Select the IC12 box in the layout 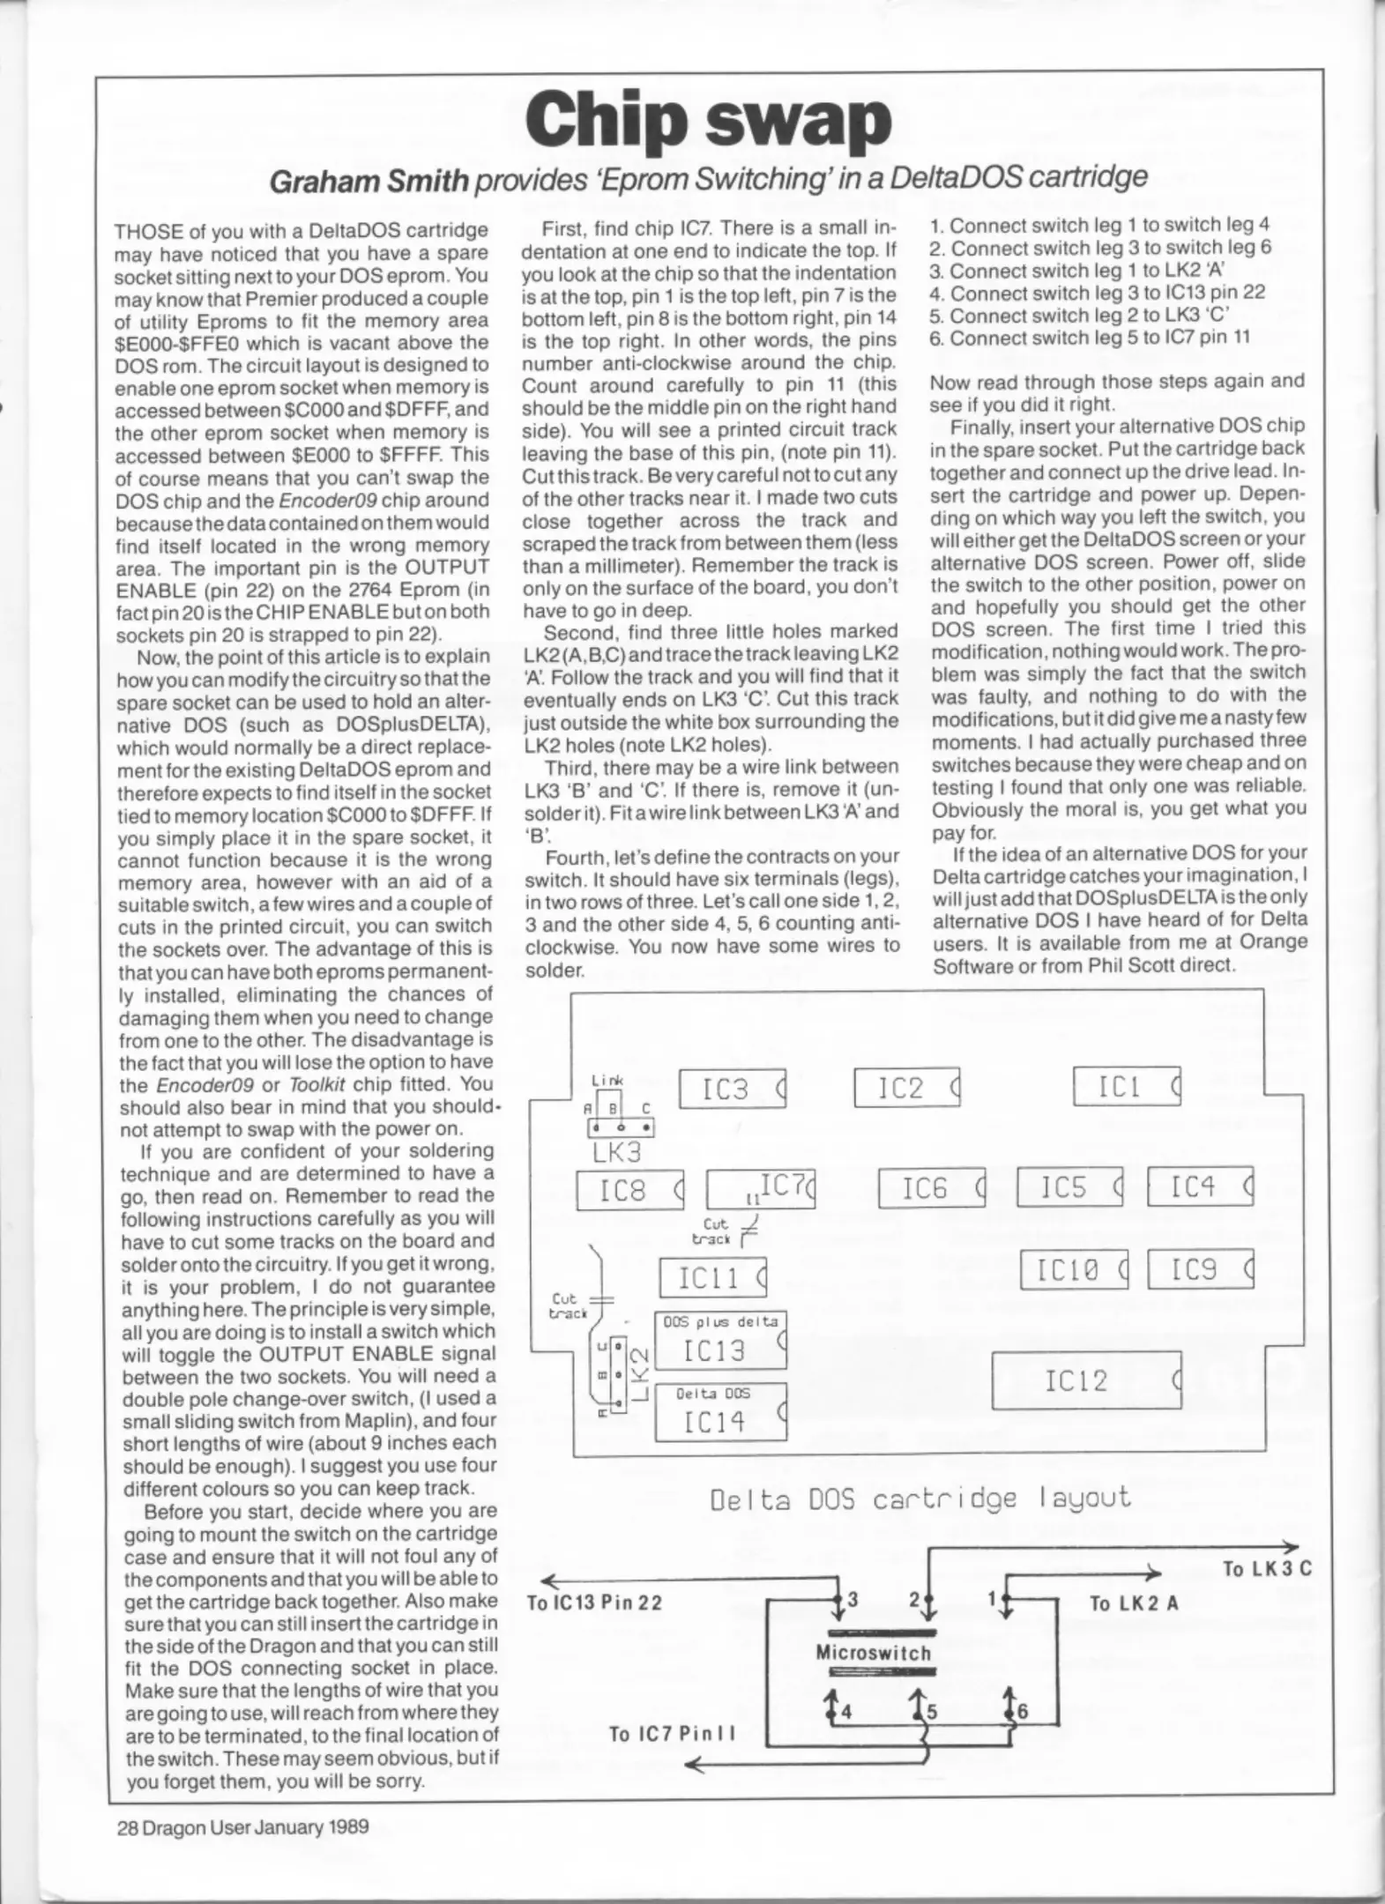point(1086,1380)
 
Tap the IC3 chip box point(732,1090)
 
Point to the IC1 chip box point(1127,1086)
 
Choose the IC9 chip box point(1200,1269)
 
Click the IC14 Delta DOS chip point(720,1411)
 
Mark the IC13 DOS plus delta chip point(720,1340)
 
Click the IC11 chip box point(713,1277)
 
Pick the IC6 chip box point(932,1188)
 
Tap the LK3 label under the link point(617,1151)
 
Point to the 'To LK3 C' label point(1267,1569)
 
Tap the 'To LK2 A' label point(1134,1603)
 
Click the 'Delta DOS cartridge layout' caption point(920,1498)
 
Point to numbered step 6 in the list point(1090,338)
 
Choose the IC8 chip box point(629,1191)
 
